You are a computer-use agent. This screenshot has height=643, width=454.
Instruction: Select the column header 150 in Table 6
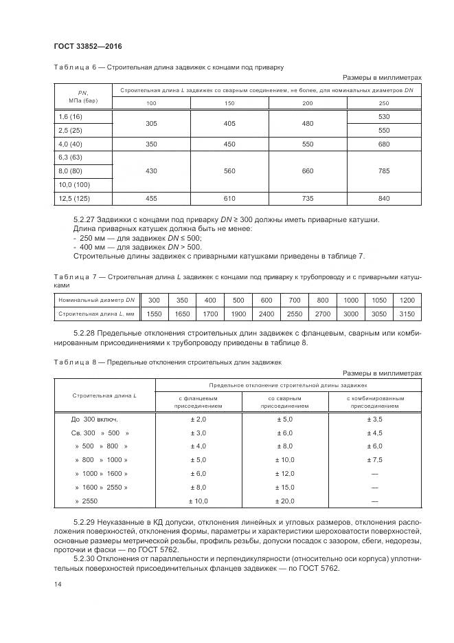(x=229, y=103)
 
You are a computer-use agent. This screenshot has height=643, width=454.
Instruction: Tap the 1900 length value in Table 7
(x=238, y=314)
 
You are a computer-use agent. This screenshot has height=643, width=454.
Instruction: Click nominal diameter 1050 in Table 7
(x=379, y=301)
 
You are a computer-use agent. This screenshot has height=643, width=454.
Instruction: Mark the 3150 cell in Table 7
(x=407, y=314)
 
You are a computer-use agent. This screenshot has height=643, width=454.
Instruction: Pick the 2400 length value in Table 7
(x=266, y=314)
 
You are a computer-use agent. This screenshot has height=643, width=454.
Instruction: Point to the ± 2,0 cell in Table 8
(x=198, y=419)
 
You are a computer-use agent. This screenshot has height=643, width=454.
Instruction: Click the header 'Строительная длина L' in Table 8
(x=104, y=395)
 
